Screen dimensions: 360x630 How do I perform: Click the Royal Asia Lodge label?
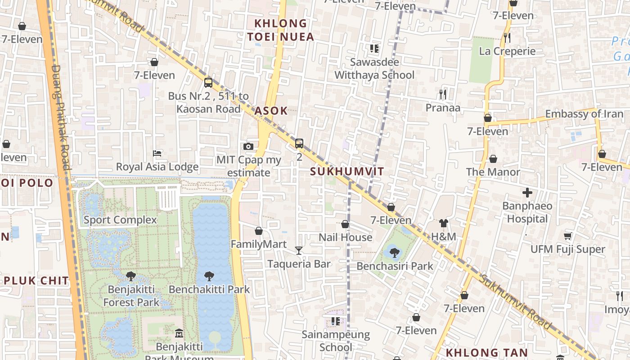pos(157,167)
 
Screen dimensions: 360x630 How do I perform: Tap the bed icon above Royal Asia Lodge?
pos(157,153)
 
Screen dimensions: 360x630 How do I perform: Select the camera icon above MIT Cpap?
pos(248,146)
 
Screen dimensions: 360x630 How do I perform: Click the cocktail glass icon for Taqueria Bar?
pos(299,250)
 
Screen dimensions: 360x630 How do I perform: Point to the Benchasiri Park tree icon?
pos(395,252)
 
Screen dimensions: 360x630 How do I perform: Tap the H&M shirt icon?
pos(444,223)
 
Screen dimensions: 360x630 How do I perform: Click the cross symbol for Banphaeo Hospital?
pos(527,193)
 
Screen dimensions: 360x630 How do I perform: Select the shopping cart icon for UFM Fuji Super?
pos(567,236)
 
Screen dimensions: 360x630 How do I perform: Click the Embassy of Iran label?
pos(584,114)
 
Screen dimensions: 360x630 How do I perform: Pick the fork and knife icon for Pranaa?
pos(443,94)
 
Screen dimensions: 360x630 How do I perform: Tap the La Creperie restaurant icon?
pos(507,38)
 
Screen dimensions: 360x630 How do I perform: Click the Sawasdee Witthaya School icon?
pos(374,49)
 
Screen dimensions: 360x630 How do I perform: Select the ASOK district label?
pos(271,111)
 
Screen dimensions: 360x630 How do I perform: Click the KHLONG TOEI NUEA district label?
pos(281,30)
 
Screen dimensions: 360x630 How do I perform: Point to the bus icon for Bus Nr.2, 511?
pos(208,82)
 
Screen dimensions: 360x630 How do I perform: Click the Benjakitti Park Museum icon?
pos(179,333)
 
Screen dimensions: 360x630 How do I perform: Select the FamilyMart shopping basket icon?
pos(259,231)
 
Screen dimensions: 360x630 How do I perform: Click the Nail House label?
pos(345,237)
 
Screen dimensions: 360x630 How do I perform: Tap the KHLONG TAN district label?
pos(486,352)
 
